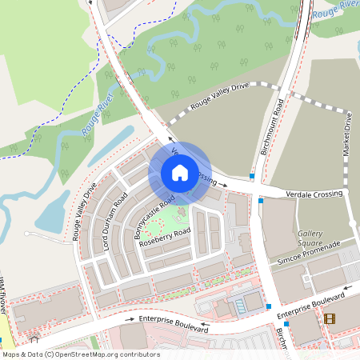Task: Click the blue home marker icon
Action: (x=180, y=172)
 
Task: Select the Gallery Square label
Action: (x=310, y=238)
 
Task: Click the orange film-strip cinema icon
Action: (x=330, y=318)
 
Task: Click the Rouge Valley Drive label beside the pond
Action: (x=84, y=212)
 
